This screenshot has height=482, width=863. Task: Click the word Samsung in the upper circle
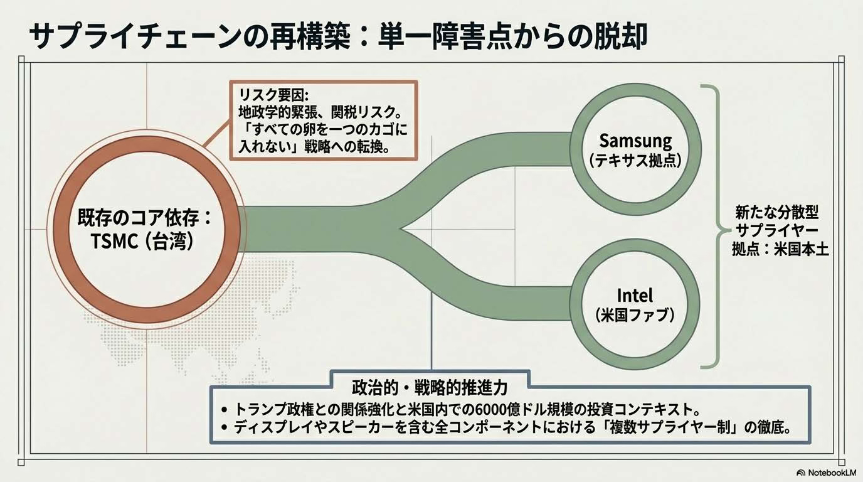(x=635, y=141)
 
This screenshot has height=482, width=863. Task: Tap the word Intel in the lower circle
(x=635, y=296)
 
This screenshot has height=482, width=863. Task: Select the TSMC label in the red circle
(x=114, y=242)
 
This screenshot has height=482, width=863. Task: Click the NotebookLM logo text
(x=832, y=473)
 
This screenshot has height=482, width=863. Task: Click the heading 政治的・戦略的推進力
(x=430, y=388)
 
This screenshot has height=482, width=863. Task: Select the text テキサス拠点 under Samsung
(x=635, y=160)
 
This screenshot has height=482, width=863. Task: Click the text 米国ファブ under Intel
(x=635, y=314)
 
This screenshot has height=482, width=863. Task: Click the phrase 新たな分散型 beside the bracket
(x=776, y=212)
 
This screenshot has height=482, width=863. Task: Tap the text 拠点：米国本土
(x=781, y=250)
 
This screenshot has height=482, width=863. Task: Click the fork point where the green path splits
(x=401, y=228)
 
